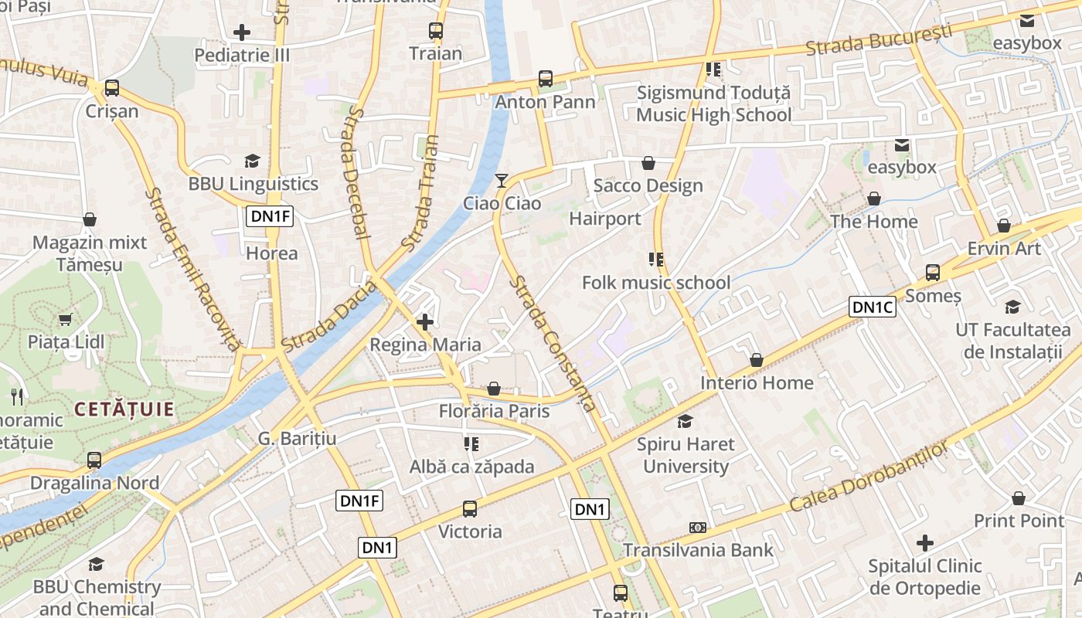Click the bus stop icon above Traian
click(436, 32)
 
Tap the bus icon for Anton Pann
click(546, 79)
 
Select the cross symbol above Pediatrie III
click(242, 32)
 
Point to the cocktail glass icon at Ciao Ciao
click(502, 181)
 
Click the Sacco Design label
click(648, 186)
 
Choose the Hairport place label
click(605, 219)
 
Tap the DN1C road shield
click(873, 307)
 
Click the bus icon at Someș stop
click(933, 273)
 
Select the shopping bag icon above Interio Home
click(757, 360)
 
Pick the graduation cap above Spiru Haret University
click(685, 421)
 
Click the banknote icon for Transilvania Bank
click(698, 528)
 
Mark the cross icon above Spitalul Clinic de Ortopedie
click(924, 542)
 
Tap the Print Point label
click(1019, 521)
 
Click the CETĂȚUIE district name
click(124, 409)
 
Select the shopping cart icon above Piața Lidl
click(66, 319)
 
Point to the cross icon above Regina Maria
click(425, 321)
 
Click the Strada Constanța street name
click(553, 344)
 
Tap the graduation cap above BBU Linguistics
click(253, 161)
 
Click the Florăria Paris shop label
click(494, 411)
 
